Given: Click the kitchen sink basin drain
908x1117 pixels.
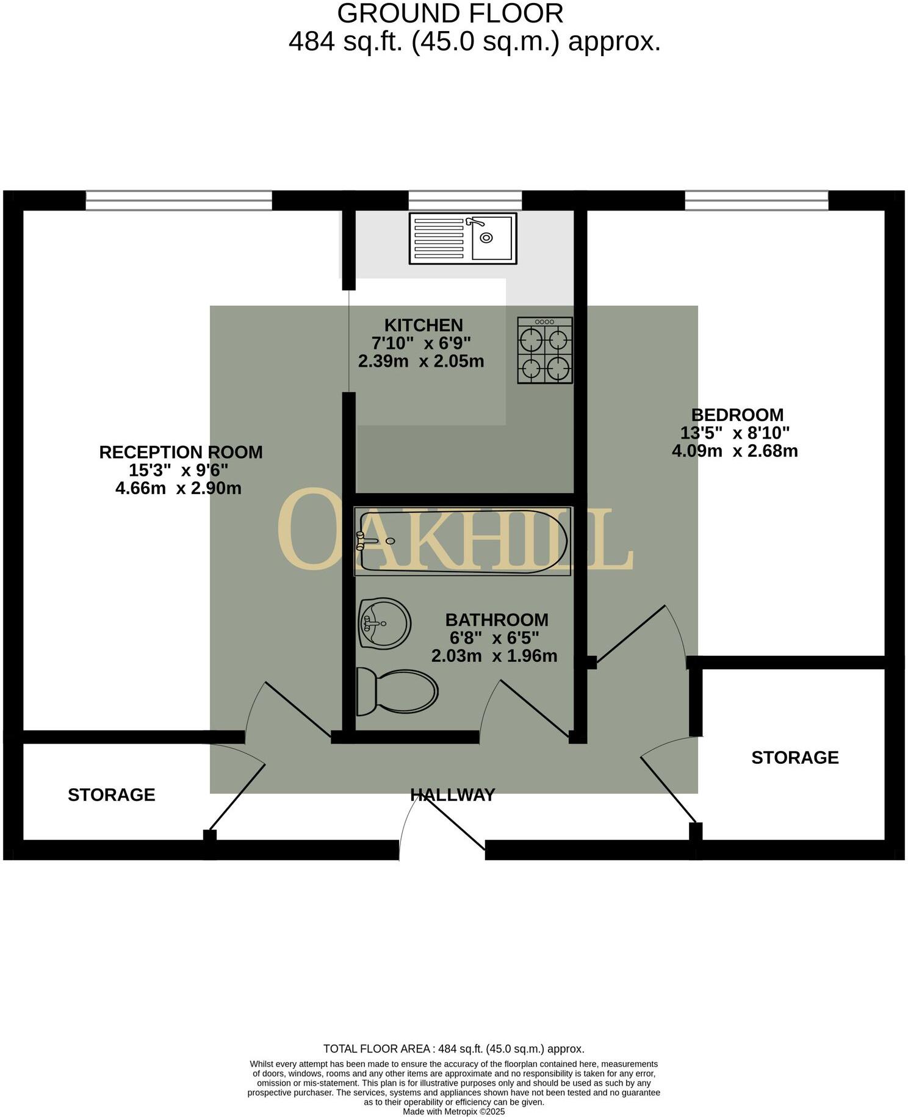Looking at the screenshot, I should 486,237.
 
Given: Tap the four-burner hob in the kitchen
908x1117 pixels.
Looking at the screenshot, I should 545,350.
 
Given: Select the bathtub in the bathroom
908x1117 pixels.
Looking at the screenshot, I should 463,541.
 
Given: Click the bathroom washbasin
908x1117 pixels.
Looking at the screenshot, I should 384,623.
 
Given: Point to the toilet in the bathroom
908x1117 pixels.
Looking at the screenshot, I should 398,691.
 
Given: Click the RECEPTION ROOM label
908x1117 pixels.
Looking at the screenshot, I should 181,452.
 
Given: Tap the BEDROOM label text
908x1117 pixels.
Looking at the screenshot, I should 737,415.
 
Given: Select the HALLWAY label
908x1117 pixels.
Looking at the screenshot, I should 452,795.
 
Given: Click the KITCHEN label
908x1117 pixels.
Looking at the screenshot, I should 423,325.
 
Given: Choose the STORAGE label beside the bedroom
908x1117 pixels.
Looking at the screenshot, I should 794,757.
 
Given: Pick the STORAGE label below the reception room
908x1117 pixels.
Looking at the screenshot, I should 111,795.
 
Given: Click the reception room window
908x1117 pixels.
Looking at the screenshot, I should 179,200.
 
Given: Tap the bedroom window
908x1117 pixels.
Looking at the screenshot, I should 756,200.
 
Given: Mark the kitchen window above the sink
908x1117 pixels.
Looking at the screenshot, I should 465,200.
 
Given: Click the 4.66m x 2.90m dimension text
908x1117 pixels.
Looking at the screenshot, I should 178,488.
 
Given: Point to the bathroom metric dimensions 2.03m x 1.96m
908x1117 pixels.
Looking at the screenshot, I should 494,656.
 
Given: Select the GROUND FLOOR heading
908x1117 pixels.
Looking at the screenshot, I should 450,13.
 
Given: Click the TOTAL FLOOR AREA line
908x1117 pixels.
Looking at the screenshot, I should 453,1049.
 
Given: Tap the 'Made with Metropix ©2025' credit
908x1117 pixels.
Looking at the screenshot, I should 453,1112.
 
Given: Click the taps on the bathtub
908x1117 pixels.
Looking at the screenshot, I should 364,541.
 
